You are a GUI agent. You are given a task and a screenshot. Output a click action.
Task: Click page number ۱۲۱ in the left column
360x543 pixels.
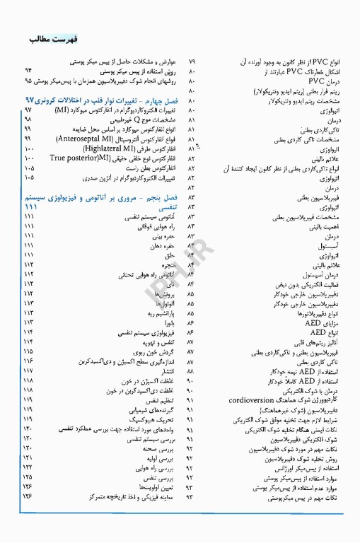click(30, 457)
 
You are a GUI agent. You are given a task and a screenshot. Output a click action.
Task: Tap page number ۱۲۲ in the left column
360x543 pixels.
click(30, 467)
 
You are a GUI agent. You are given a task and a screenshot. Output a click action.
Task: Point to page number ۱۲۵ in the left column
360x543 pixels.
click(30, 477)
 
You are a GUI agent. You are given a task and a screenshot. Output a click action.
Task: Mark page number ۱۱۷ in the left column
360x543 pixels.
click(30, 370)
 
